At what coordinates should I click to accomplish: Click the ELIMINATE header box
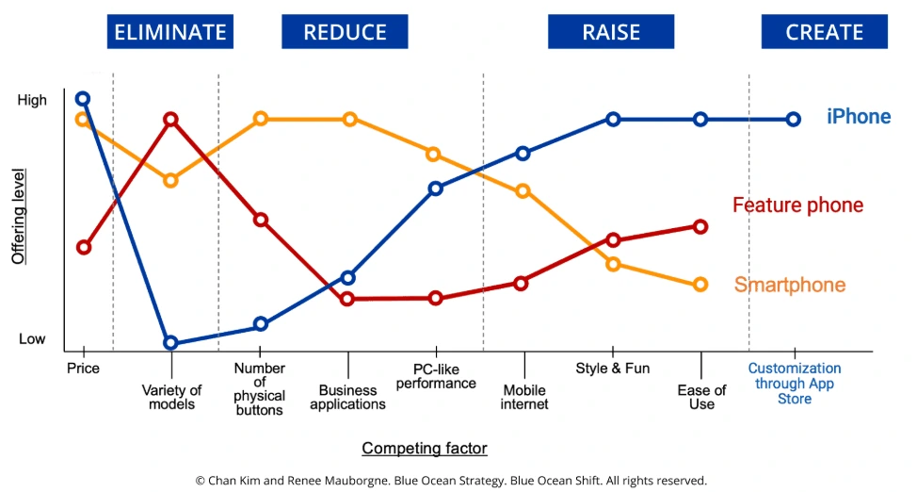click(x=170, y=32)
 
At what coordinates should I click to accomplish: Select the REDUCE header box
click(x=345, y=32)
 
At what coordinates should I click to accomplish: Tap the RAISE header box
click(x=612, y=32)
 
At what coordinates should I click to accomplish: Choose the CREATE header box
click(x=825, y=32)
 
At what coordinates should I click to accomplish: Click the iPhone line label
click(x=858, y=117)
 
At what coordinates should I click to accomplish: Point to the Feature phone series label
click(x=797, y=205)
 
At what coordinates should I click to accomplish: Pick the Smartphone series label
click(x=789, y=285)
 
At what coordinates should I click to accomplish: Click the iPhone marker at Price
click(x=83, y=98)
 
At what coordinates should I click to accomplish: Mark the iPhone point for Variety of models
click(x=170, y=343)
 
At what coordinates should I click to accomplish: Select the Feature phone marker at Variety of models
click(x=170, y=120)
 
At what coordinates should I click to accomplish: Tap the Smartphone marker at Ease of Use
click(x=700, y=285)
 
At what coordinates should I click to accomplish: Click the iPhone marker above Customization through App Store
click(x=794, y=120)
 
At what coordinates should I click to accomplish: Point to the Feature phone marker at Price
click(x=83, y=247)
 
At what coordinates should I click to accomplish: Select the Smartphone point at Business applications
click(x=349, y=119)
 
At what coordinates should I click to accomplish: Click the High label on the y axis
click(x=32, y=100)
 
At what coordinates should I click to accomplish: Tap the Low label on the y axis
click(x=32, y=339)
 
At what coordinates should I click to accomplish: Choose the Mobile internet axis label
click(x=524, y=397)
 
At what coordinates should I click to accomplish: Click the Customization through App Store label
click(x=794, y=384)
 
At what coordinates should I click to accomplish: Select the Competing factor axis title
click(x=425, y=449)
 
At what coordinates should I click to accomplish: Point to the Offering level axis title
click(x=18, y=217)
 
